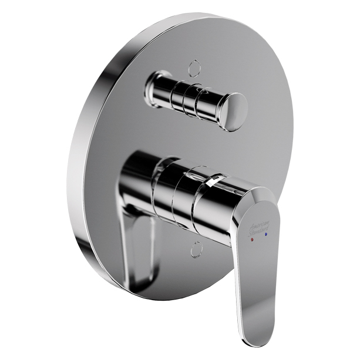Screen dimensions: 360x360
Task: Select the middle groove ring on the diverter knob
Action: (188, 101)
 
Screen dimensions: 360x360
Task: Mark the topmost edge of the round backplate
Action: (194, 14)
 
